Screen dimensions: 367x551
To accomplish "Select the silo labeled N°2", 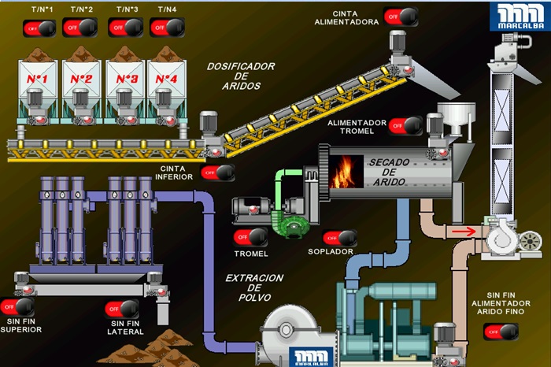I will pyautogui.click(x=82, y=79).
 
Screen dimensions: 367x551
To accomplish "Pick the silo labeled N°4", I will pyautogui.click(x=166, y=79).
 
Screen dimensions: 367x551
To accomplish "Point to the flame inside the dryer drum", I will pyautogui.click(x=341, y=171).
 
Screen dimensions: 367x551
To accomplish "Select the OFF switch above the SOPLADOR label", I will pyautogui.click(x=339, y=237).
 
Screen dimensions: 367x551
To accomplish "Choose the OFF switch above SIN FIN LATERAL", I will pyautogui.click(x=122, y=309).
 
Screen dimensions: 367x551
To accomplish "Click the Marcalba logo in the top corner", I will pyautogui.click(x=516, y=17).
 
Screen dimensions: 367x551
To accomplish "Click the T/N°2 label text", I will pyautogui.click(x=82, y=9).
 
